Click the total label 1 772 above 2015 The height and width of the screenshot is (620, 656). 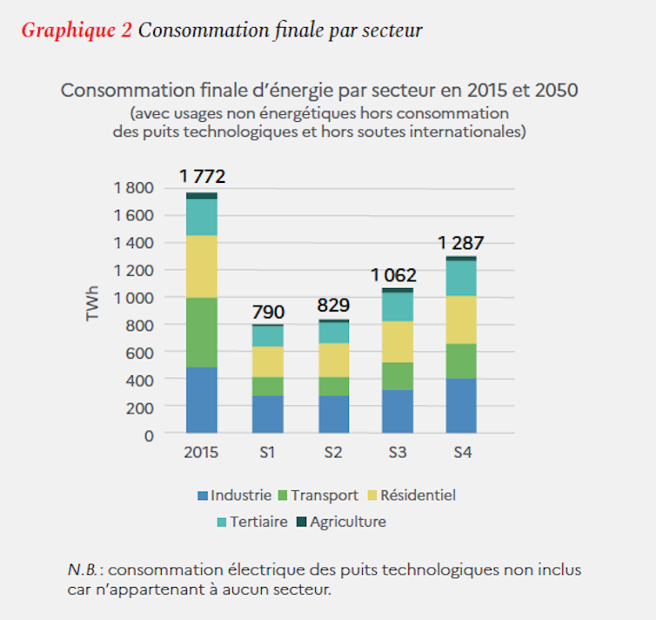click(x=203, y=177)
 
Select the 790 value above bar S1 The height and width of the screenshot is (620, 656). click(x=269, y=311)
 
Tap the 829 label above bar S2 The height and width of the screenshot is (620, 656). click(x=333, y=306)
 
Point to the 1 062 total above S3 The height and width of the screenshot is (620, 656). click(x=392, y=275)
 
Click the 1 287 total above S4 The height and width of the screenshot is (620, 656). click(x=460, y=243)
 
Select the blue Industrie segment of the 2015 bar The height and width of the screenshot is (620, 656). click(x=202, y=400)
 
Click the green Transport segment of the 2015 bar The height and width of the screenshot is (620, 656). click(x=202, y=333)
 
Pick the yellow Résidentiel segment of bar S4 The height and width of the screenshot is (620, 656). click(x=461, y=320)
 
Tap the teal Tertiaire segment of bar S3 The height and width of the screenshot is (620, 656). click(x=397, y=307)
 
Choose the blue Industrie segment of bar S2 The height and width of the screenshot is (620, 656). click(x=333, y=414)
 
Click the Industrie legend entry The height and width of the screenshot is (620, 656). click(x=234, y=495)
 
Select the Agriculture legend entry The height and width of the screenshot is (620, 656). click(x=342, y=522)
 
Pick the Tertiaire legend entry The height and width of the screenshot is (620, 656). click(x=258, y=522)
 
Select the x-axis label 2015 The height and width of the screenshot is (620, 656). click(x=201, y=453)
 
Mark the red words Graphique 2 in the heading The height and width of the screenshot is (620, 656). click(x=77, y=30)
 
